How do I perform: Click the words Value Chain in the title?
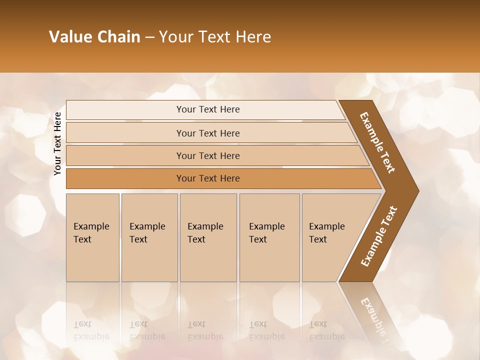94,37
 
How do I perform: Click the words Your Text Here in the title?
214,37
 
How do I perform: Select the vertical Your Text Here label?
57,143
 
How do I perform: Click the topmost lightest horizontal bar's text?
208,109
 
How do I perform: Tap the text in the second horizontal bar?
208,133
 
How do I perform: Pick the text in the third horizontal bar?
208,156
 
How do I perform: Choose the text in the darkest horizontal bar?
208,178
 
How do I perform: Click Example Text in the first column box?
91,233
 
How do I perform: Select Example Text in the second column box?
147,233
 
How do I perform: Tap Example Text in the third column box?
205,233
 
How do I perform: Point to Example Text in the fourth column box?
266,233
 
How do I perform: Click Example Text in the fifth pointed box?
326,233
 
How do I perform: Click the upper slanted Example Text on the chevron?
377,142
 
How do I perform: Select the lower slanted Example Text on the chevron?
379,236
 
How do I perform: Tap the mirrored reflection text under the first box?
91,330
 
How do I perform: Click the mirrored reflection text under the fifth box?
326,330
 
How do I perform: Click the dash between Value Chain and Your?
149,37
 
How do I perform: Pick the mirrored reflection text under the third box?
205,330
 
